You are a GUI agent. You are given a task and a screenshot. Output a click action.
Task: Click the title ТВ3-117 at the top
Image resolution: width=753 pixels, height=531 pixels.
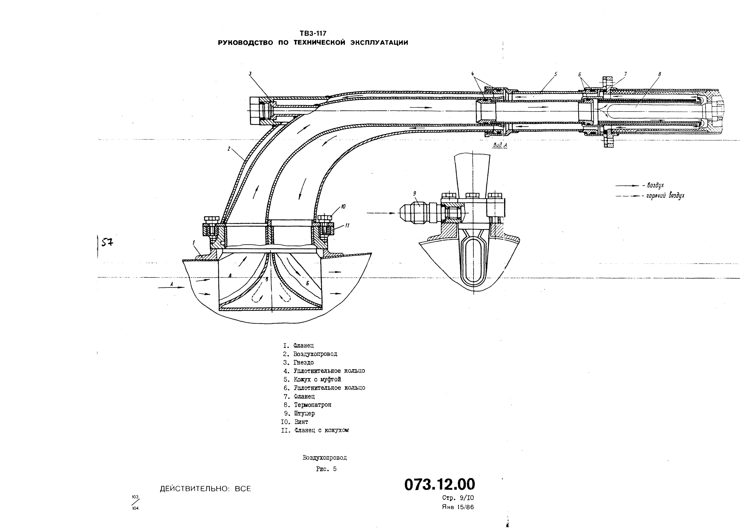click(x=313, y=33)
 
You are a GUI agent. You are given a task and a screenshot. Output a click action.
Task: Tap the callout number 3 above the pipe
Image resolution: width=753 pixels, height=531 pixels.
click(x=250, y=74)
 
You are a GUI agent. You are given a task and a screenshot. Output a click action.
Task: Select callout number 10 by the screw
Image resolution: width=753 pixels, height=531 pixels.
click(x=343, y=207)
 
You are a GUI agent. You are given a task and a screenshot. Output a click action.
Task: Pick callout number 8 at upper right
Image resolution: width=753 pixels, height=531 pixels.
click(x=660, y=74)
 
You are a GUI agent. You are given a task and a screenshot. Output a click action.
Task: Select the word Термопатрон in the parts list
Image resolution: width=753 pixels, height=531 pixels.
click(x=313, y=405)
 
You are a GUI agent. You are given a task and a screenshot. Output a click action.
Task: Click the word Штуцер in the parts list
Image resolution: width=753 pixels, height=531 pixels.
click(x=304, y=413)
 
